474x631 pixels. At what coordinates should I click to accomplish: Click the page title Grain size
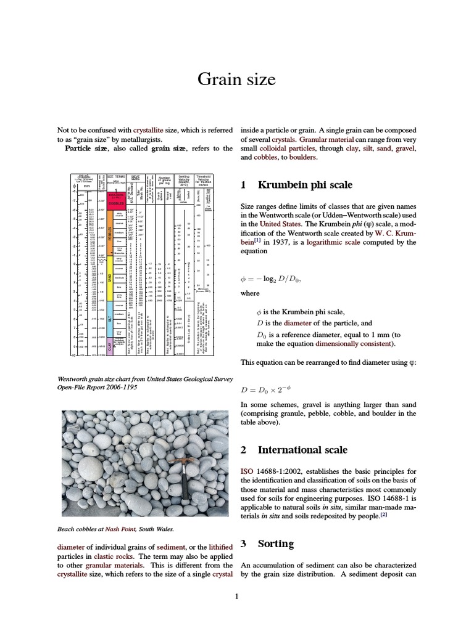tap(236, 79)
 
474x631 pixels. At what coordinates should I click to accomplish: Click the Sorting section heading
tap(275, 544)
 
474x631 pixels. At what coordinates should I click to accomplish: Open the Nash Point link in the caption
tap(120, 529)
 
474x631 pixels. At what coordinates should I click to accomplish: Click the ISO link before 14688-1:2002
tap(246, 471)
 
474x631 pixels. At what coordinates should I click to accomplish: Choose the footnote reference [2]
tap(383, 514)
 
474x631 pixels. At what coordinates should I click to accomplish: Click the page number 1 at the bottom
tap(236, 595)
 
